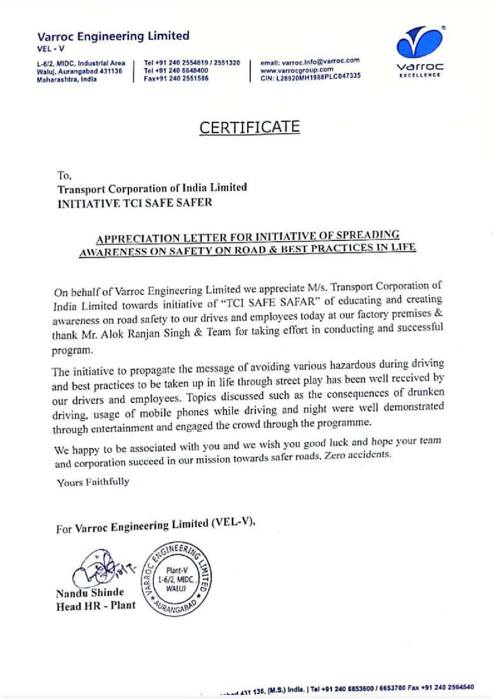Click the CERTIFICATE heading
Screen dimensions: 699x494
pyautogui.click(x=249, y=127)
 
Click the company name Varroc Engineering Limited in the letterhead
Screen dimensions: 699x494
pyautogui.click(x=113, y=36)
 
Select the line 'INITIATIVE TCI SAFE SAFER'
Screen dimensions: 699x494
pyautogui.click(x=135, y=203)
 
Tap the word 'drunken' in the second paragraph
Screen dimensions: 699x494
pyautogui.click(x=426, y=393)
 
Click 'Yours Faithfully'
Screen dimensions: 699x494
pyautogui.click(x=93, y=482)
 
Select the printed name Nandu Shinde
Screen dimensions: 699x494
pyautogui.click(x=90, y=593)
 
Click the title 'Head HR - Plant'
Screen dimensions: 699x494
pyautogui.click(x=96, y=606)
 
